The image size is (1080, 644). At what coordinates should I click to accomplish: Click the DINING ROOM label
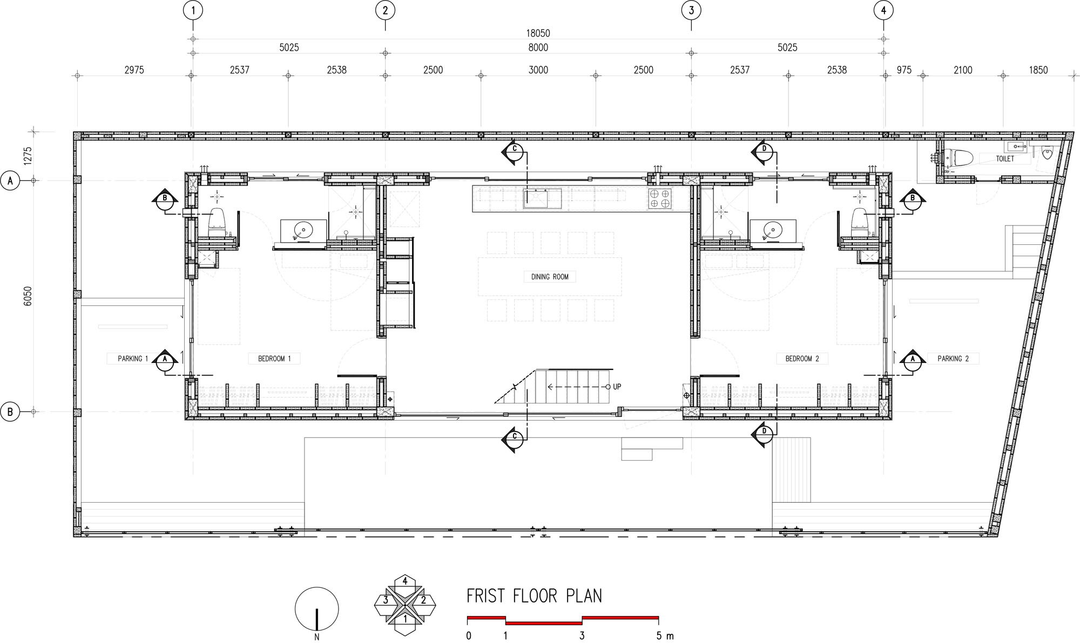point(550,277)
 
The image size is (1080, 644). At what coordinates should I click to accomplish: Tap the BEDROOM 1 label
point(274,359)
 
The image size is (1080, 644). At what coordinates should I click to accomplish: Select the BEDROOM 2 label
point(802,359)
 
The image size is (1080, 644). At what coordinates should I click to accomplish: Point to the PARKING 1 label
point(133,359)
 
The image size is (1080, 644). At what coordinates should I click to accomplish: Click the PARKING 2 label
point(953,359)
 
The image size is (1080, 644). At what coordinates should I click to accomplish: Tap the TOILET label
point(1005,159)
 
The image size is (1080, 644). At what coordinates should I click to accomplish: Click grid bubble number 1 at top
point(193,10)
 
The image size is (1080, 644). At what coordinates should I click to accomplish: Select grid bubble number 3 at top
point(691,10)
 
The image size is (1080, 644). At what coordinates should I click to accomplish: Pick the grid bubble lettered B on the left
point(10,412)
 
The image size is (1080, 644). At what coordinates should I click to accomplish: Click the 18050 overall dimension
point(538,33)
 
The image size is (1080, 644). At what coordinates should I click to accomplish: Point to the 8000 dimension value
point(538,47)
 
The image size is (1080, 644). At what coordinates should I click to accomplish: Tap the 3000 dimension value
point(538,70)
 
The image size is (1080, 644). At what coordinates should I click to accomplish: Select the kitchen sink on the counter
point(542,198)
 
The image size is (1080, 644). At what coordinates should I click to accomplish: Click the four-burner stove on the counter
point(659,198)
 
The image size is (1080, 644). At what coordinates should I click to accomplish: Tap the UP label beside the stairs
point(617,387)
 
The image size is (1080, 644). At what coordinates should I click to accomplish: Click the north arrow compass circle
point(316,608)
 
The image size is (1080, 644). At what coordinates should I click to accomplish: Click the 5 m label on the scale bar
point(665,636)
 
